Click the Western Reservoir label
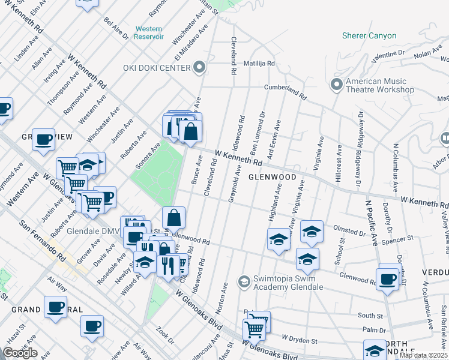[149, 32]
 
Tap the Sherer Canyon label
[369, 35]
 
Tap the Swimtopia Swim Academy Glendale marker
[243, 281]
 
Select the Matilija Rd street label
[259, 63]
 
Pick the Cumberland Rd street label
[286, 91]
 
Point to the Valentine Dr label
[389, 55]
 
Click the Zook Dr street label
[164, 334]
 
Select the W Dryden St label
[299, 341]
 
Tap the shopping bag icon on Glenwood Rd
[173, 218]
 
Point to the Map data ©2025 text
[424, 355]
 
